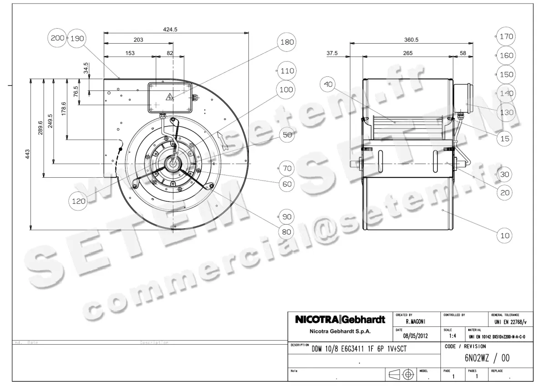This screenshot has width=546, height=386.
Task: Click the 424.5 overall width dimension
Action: coord(170,29)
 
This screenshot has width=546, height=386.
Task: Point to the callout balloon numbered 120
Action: coord(79,201)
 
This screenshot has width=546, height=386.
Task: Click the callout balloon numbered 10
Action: coord(505,236)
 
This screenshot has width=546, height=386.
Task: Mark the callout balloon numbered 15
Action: coord(505,139)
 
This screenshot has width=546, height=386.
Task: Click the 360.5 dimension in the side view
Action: coord(411,40)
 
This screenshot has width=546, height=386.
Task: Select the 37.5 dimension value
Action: coord(332,53)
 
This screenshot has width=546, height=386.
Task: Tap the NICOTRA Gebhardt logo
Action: coord(340,319)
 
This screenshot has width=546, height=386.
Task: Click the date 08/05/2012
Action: coord(416,336)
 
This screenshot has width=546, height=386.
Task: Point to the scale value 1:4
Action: coord(452,336)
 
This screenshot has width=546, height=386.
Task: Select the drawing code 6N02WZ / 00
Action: coord(487,358)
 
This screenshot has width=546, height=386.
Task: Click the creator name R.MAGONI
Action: coord(415,321)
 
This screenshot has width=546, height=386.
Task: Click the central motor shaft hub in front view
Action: coord(175,162)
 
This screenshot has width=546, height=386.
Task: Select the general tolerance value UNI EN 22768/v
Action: coord(510,321)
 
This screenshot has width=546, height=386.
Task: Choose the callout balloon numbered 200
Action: coord(58,38)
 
